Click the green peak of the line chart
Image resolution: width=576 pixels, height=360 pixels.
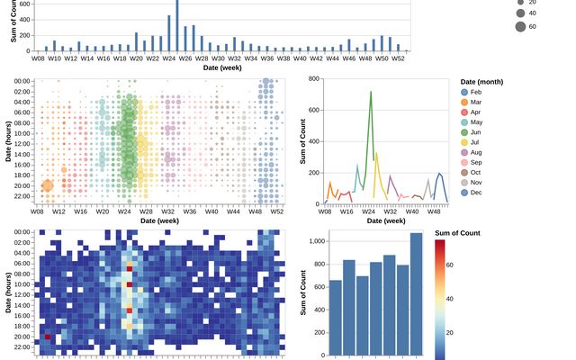pos(370,93)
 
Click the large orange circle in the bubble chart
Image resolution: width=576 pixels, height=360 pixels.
pos(48,186)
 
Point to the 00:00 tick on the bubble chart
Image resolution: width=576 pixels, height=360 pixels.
pos(23,81)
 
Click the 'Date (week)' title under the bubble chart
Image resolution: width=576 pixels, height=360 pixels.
pos(159,220)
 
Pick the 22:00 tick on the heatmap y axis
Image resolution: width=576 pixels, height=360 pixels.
pos(23,346)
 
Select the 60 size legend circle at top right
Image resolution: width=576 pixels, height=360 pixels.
pos(521,27)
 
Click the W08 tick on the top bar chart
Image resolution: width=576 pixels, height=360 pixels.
pos(39,58)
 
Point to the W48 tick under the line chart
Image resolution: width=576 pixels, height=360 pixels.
pos(433,211)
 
